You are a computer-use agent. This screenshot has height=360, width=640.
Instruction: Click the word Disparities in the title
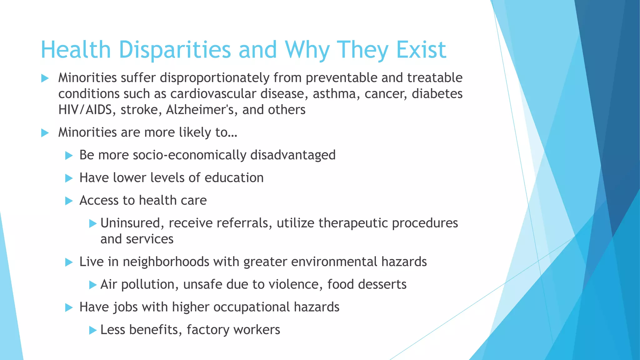coord(175,50)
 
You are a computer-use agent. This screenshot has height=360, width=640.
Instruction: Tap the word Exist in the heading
coord(421,50)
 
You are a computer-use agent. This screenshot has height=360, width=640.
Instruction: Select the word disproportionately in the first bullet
coord(215,78)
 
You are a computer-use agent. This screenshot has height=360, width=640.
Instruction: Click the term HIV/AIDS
coord(85,110)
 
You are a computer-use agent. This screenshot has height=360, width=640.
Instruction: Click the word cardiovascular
coord(213,94)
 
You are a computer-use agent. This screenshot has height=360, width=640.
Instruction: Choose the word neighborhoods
coord(166,262)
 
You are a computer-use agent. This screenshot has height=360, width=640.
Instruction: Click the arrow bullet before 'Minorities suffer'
coord(45,78)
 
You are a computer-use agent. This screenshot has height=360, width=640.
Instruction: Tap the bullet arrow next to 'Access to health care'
coord(69,201)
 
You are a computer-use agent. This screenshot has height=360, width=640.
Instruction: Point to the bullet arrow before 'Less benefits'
coord(93,330)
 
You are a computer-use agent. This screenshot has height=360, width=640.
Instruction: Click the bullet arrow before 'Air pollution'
coord(93,285)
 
